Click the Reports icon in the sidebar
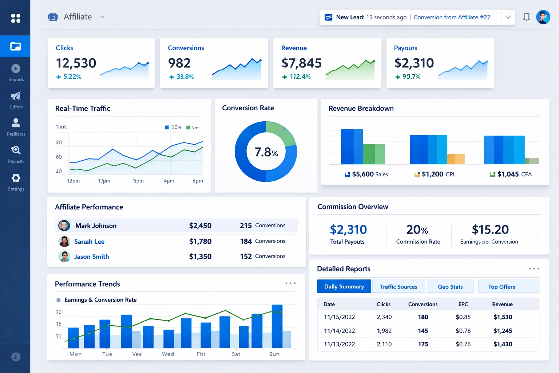[x=16, y=69]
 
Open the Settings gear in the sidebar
[x=16, y=178]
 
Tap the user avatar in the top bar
[x=543, y=17]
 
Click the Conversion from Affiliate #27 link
[x=452, y=17]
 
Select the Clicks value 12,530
[x=76, y=63]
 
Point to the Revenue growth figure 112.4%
[x=300, y=76]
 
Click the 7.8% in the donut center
[x=266, y=152]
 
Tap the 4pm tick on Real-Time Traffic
[x=169, y=181]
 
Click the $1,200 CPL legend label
[x=438, y=174]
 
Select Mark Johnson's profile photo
[x=64, y=225]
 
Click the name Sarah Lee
[x=89, y=242]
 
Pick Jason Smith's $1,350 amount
[x=200, y=256]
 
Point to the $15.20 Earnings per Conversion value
[x=490, y=229]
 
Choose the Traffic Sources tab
[x=399, y=287]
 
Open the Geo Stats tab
[x=450, y=287]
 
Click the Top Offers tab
[x=501, y=287]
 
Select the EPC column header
[x=463, y=304]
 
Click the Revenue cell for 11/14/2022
[x=503, y=331]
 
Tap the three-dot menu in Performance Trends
[x=290, y=283]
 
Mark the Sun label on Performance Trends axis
[x=274, y=354]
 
